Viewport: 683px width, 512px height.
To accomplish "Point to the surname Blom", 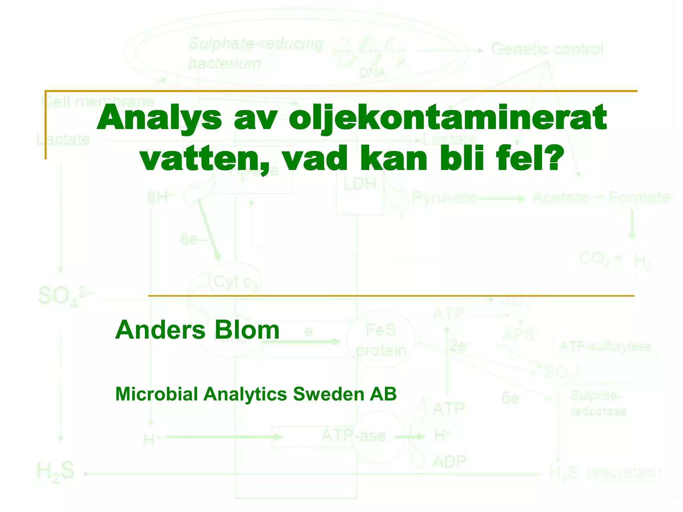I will [247, 330].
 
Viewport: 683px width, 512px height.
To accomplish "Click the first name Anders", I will [160, 330].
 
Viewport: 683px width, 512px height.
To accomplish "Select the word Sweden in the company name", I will [328, 394].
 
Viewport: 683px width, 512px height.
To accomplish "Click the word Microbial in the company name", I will [156, 394].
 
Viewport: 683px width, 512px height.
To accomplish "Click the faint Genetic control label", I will [547, 49].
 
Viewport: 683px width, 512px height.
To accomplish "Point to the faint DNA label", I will [372, 73].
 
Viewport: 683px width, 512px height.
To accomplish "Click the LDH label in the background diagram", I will [360, 184].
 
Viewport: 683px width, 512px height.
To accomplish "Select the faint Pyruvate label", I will [444, 198].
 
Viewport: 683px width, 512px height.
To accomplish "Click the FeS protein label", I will [381, 340].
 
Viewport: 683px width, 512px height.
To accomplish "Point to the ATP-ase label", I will [354, 436].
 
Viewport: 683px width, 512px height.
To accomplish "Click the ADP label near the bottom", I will [449, 462].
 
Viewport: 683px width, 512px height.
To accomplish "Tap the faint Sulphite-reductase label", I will [598, 403].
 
